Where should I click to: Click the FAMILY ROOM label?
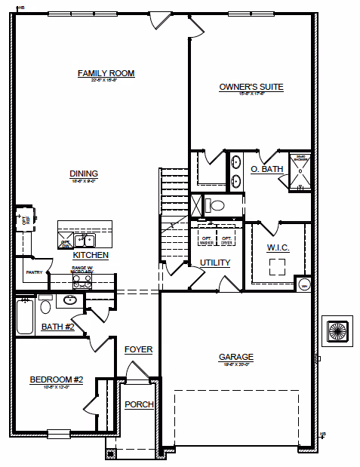tap(106, 73)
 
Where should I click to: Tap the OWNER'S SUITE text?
tap(251, 87)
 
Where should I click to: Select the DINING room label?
tap(84, 174)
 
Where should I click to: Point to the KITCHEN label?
tap(91, 256)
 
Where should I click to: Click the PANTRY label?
tap(33, 272)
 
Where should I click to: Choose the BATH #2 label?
tap(57, 327)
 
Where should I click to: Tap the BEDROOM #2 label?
tap(57, 379)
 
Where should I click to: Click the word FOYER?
tap(139, 349)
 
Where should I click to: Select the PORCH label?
tap(139, 404)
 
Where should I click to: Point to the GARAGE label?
tap(236, 357)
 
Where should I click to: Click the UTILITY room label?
tap(215, 263)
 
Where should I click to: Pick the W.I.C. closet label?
tap(278, 247)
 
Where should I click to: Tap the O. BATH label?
tap(266, 170)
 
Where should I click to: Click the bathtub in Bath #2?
tap(24, 316)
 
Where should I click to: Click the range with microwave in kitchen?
tap(82, 281)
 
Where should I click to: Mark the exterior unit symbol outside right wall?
tap(335, 330)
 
